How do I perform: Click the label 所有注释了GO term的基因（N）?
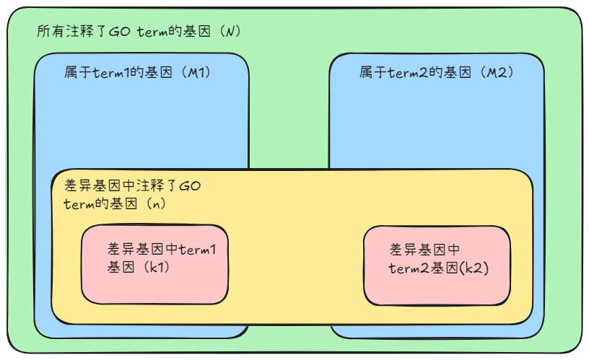[x=138, y=32]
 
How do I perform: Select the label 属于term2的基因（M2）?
[x=436, y=73]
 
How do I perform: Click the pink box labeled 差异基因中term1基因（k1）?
[x=154, y=264]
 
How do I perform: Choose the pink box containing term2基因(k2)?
[x=437, y=265]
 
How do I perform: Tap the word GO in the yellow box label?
[x=189, y=187]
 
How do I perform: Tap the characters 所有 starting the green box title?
[x=46, y=32]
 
